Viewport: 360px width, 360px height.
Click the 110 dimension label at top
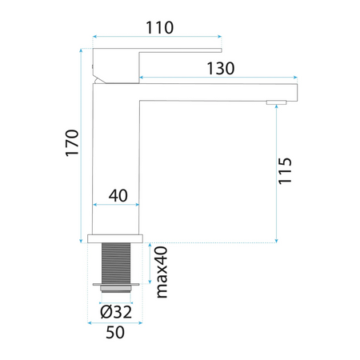coord(160,27)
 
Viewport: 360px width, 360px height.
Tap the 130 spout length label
coord(221,69)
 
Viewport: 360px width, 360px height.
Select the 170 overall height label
coord(72,143)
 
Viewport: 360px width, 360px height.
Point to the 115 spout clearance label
coord(285,171)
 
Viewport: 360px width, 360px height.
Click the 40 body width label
coord(118,196)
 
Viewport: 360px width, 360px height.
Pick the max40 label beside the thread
coord(162,272)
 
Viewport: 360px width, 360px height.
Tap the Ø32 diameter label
coord(116,312)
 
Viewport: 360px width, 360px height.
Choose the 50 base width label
coord(115,332)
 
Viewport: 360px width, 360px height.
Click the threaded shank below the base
coord(116,262)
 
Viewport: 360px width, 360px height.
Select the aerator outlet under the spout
coord(276,102)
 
